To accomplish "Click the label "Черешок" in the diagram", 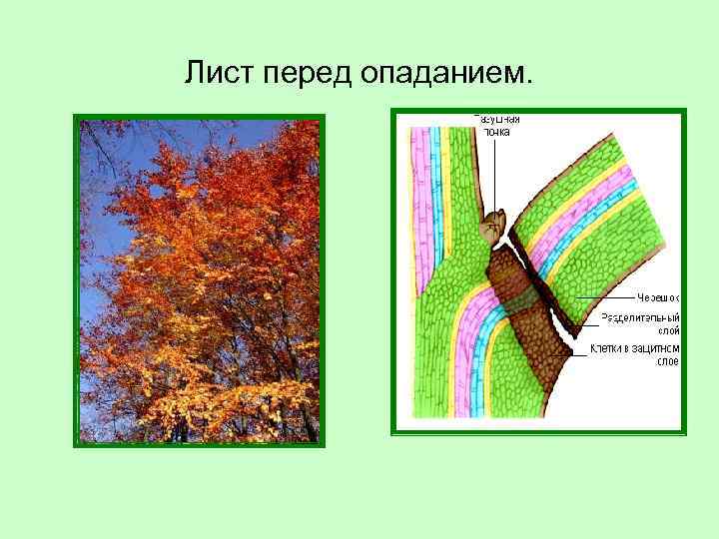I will [658, 296].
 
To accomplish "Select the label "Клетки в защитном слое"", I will [635, 354].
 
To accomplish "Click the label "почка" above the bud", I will [496, 131].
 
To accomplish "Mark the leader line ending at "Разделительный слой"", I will [584, 321].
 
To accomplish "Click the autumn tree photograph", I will [200, 279].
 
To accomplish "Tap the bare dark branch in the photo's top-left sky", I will [100, 150].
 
